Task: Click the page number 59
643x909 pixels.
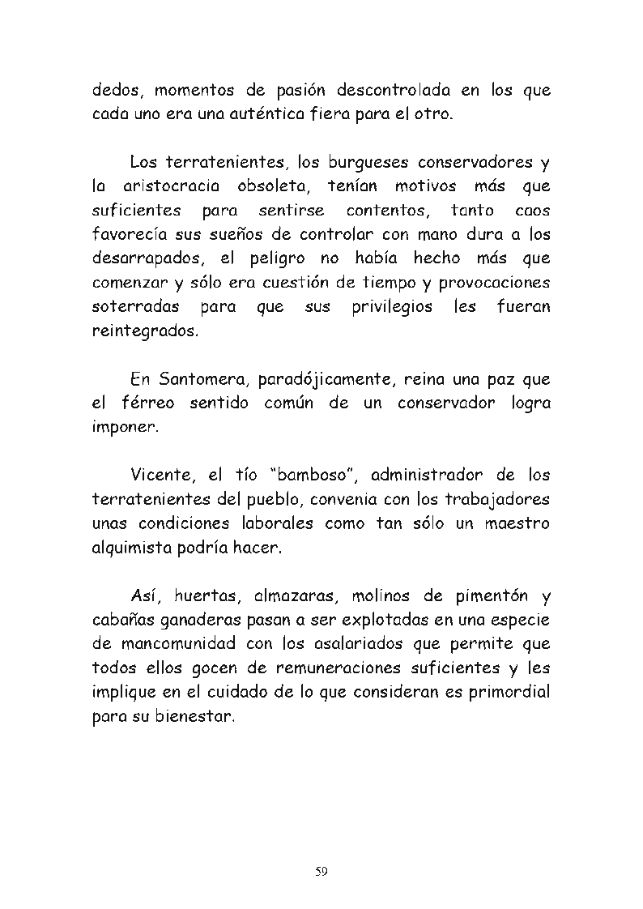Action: pyautogui.click(x=321, y=871)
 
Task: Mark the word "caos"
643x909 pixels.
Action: pyautogui.click(x=532, y=211)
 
